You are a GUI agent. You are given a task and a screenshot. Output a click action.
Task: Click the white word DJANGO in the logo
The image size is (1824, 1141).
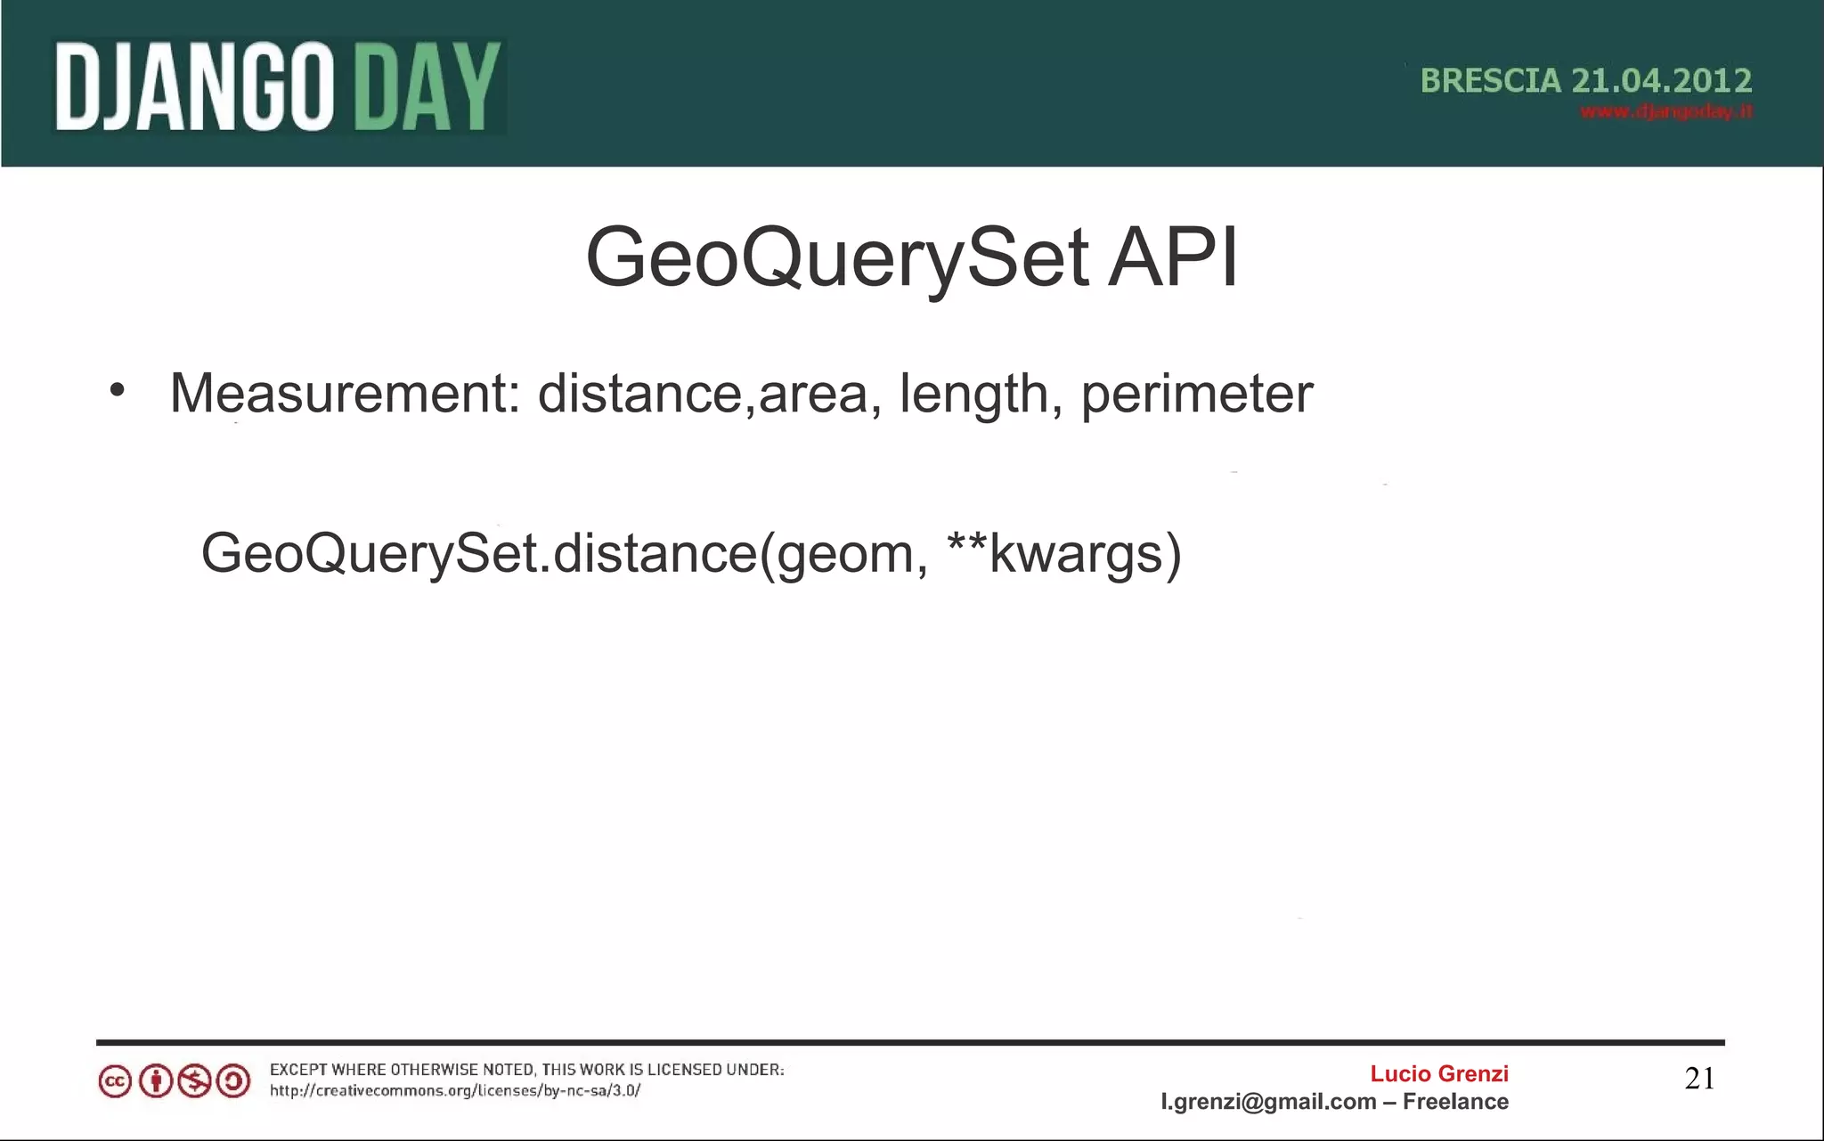coord(194,87)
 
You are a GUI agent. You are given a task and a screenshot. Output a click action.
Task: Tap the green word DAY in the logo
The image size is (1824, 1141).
coord(422,87)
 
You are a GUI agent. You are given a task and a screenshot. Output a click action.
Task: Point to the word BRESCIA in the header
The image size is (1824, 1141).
coord(1490,81)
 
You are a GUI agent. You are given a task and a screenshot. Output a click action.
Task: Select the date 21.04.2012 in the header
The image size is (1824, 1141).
coord(1661,81)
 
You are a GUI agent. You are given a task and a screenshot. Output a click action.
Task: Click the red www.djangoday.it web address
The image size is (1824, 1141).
coord(1665,112)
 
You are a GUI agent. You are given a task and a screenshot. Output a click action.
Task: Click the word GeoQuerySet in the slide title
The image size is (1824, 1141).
coord(837,258)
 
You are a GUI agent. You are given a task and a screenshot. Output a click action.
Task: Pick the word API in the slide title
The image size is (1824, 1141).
coord(1172,258)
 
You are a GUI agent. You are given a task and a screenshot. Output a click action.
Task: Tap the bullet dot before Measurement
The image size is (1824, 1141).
coord(118,390)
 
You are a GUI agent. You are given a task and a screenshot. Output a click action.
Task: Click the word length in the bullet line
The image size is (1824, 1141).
coord(973,395)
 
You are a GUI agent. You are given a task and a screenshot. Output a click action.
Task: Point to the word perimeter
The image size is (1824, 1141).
coord(1196,395)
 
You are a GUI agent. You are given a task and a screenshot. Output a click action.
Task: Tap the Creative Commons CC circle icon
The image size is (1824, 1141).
coord(115,1081)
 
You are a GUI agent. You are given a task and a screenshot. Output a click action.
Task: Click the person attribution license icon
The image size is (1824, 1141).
coord(156,1081)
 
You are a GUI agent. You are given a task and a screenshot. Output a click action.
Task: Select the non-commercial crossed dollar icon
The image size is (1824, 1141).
coord(194,1081)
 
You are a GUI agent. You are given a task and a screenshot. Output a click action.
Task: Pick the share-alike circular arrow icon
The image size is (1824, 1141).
coord(233,1081)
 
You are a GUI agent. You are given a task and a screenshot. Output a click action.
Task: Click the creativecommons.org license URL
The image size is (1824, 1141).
coord(455,1091)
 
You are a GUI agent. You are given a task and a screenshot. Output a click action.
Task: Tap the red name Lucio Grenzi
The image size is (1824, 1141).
coord(1438,1073)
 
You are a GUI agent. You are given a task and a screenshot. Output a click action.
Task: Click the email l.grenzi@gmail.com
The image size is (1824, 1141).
coord(1268,1102)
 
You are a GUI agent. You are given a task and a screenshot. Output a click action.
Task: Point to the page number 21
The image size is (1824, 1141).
coord(1699,1079)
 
